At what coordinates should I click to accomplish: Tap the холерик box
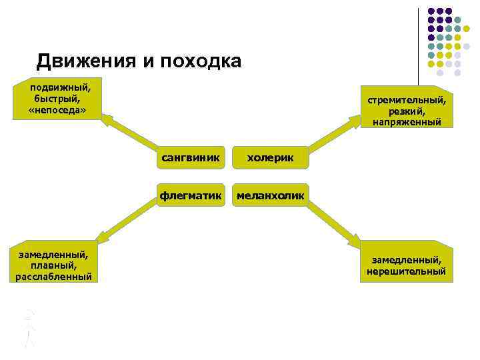coord(270,158)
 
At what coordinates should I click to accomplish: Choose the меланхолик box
coord(270,195)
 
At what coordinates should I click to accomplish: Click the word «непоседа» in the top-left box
coord(57,109)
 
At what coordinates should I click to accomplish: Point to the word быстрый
coord(57,98)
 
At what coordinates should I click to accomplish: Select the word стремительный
coord(407,99)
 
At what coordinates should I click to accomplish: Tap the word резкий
coord(407,111)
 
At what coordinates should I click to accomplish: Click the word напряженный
coord(407,122)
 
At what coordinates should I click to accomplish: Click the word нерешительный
coord(406,271)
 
